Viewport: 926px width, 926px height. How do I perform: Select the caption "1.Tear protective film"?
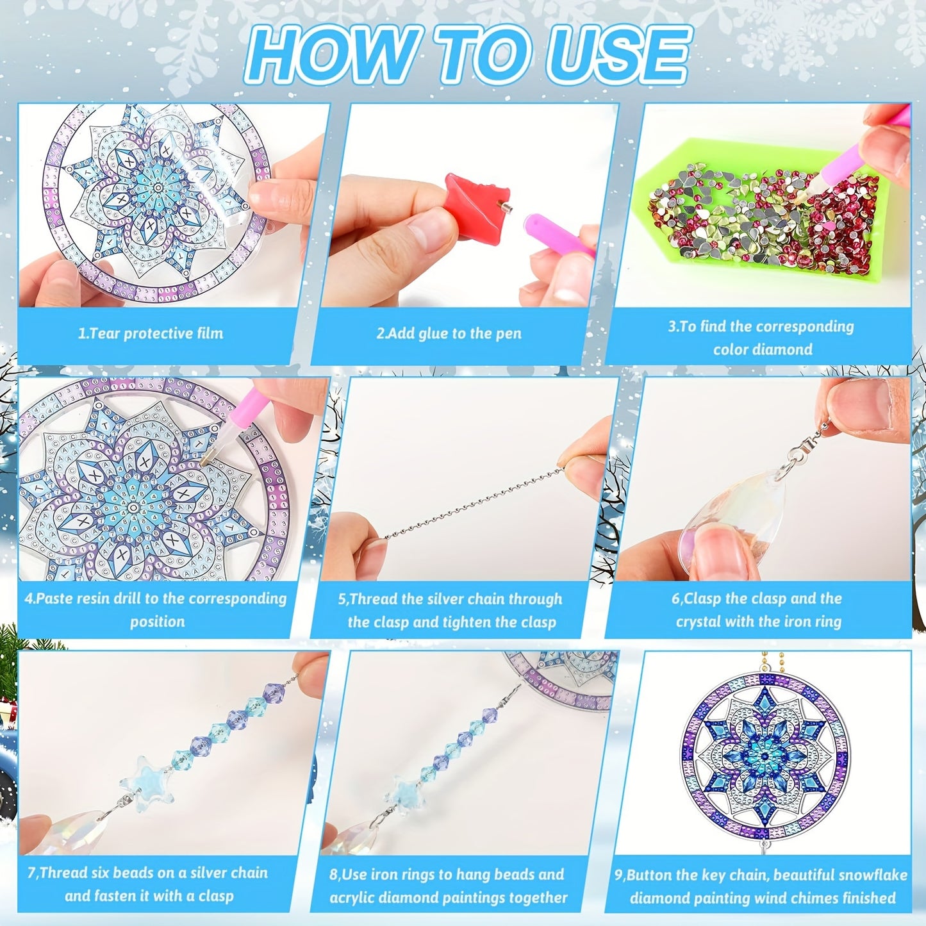[x=151, y=333]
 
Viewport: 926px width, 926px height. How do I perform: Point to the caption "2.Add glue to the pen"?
[x=449, y=333]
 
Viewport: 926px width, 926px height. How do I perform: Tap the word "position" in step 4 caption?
[x=158, y=622]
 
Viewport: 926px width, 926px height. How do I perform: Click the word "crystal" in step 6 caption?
[x=699, y=622]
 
